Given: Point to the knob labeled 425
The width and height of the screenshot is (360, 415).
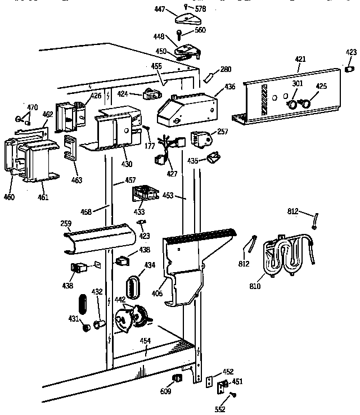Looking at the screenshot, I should (303, 103).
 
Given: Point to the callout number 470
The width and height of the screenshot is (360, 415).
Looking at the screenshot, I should (33, 106).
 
